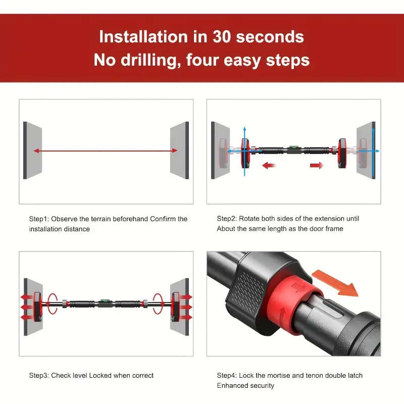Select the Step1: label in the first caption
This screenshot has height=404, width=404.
coord(39,219)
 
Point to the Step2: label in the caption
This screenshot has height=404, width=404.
coord(227,219)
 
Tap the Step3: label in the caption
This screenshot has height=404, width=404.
coord(39,375)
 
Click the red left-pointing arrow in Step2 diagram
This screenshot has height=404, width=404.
coord(269,165)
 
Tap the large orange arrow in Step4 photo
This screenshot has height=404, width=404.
coord(335,283)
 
